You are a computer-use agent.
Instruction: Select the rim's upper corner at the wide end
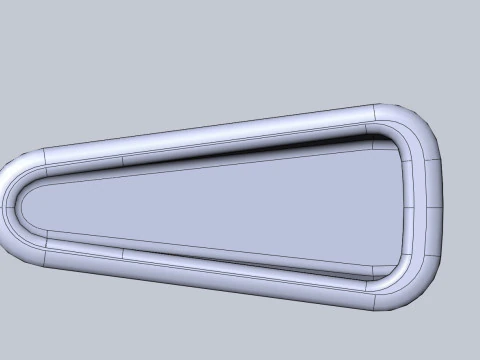coord(410,118)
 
